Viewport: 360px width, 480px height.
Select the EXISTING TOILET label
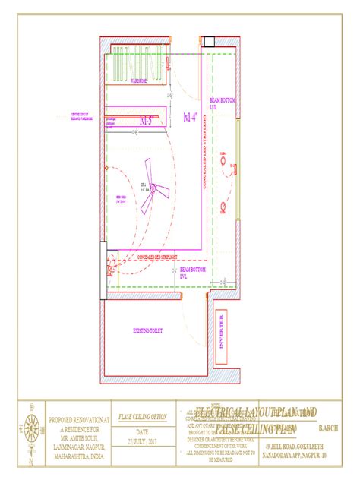[147, 331]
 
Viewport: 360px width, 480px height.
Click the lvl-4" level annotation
[192, 116]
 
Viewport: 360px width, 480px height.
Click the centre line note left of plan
[65, 116]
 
